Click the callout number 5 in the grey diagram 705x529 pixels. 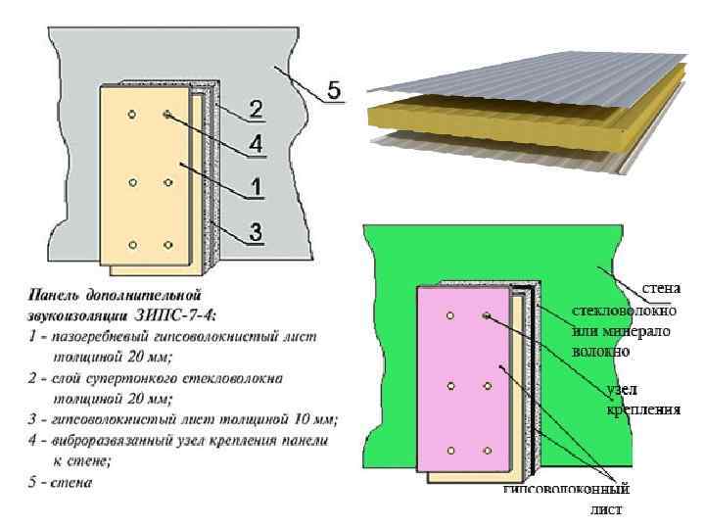[x=334, y=91]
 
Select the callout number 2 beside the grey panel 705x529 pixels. [x=254, y=108]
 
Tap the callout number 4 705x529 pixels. [x=255, y=143]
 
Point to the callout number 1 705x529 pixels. [x=254, y=184]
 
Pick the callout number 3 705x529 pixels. [x=254, y=232]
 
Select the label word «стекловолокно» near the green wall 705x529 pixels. [x=624, y=311]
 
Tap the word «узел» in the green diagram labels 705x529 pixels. [x=624, y=390]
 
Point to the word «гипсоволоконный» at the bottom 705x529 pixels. [x=565, y=490]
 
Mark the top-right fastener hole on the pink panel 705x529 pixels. [x=486, y=315]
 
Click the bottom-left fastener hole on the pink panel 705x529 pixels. [x=450, y=450]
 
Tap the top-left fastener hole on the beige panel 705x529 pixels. [x=133, y=116]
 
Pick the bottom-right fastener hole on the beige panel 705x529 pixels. [x=168, y=245]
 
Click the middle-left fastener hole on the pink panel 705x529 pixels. [x=450, y=386]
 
